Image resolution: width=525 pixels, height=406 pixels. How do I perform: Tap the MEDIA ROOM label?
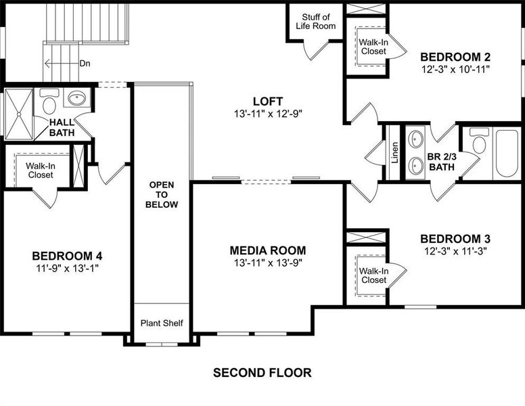(267, 250)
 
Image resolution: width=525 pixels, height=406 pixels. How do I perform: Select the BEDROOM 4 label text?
(67, 256)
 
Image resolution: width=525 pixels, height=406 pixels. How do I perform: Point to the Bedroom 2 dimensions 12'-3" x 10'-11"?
(455, 68)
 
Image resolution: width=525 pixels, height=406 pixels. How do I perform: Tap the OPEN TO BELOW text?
(162, 194)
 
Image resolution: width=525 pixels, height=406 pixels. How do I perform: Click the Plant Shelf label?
(162, 323)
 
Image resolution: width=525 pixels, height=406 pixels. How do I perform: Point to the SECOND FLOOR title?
(262, 372)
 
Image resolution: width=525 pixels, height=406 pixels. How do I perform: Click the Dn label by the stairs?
(85, 64)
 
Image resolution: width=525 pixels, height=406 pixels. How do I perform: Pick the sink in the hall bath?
(77, 99)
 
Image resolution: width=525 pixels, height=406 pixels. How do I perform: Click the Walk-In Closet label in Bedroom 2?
(373, 46)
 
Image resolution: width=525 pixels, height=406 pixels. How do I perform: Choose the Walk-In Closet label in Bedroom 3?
(373, 275)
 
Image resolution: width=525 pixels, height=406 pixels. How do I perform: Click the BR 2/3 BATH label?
(440, 162)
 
